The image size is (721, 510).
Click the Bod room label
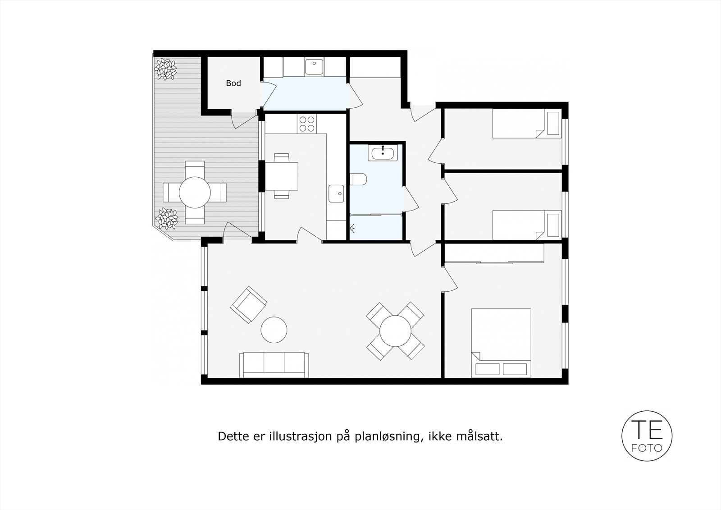tap(233, 83)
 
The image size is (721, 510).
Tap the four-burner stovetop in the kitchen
tap(307, 124)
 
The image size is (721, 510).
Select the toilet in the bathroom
tap(359, 179)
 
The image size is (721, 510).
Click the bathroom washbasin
tap(383, 153)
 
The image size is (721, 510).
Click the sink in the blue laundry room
tap(314, 67)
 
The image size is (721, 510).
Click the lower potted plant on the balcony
tap(167, 219)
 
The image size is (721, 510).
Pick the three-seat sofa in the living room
tap(274, 364)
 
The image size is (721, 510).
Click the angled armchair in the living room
tap(248, 304)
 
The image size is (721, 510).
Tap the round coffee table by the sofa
tap(274, 330)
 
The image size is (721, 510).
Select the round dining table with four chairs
tap(395, 331)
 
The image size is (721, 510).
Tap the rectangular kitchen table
tap(282, 176)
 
